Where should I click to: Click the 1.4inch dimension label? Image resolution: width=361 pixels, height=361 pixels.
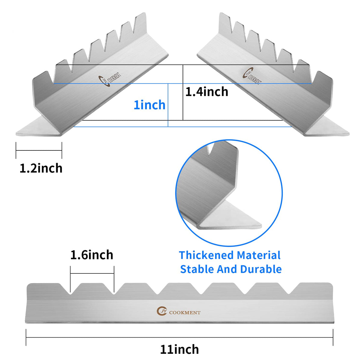(x=207, y=92)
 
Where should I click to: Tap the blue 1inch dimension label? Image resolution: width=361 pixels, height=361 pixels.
(x=150, y=105)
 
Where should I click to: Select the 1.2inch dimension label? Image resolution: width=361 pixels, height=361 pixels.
(x=41, y=168)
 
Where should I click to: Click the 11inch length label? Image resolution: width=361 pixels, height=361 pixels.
(x=179, y=349)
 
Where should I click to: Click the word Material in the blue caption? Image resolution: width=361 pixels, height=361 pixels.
(x=258, y=255)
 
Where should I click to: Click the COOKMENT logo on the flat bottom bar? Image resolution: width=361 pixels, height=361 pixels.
(x=178, y=311)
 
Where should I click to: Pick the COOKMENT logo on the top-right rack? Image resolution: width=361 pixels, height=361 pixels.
(x=252, y=76)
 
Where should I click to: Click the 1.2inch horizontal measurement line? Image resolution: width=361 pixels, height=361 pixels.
(x=39, y=150)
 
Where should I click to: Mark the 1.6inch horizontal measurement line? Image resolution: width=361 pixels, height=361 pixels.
(x=92, y=273)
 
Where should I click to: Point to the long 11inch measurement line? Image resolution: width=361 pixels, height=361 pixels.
(x=179, y=338)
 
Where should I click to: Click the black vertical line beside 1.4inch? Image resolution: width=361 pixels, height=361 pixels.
(x=183, y=92)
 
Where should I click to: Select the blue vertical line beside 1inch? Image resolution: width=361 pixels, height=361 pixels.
(x=168, y=105)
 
